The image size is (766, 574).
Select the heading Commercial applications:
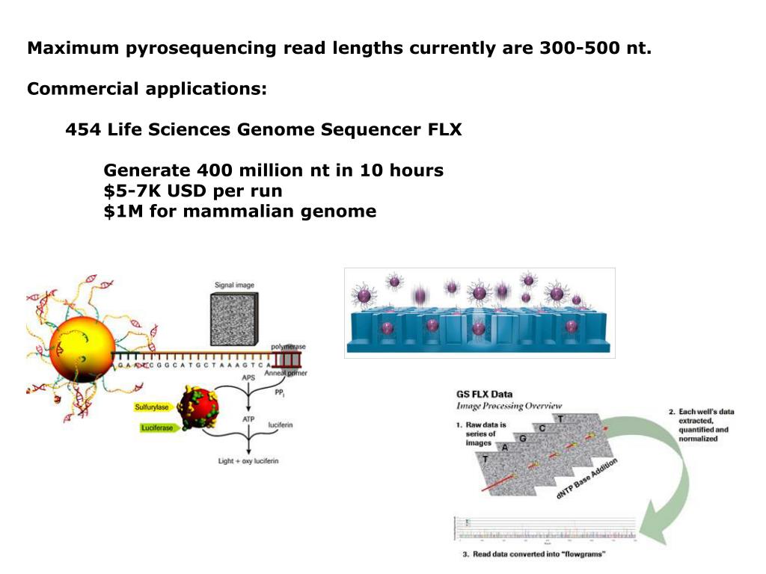pyautogui.click(x=147, y=90)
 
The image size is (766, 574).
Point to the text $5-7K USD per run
pyautogui.click(x=193, y=191)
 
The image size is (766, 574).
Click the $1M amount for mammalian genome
pyautogui.click(x=123, y=212)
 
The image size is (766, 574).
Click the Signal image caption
pyautogui.click(x=235, y=285)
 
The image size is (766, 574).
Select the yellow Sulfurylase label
pyautogui.click(x=153, y=407)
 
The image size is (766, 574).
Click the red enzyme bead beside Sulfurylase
pyautogui.click(x=198, y=408)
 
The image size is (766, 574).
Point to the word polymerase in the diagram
pyautogui.click(x=287, y=347)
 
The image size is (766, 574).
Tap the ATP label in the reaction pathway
pyautogui.click(x=248, y=420)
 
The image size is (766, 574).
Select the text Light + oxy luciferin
pyautogui.click(x=248, y=461)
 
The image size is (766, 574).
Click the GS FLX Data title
pyautogui.click(x=484, y=394)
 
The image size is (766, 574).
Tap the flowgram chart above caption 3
pyautogui.click(x=545, y=528)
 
